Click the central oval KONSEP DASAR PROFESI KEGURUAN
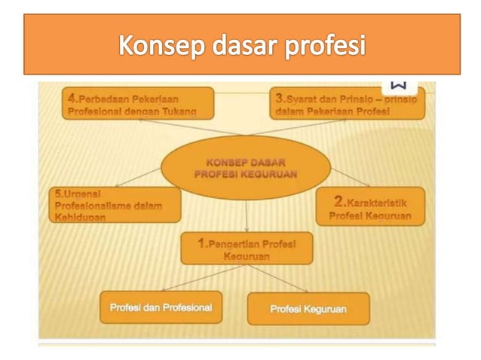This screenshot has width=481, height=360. click(246, 167)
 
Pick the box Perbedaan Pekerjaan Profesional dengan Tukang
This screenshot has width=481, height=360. click(137, 104)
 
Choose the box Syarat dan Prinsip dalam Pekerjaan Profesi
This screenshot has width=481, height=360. click(347, 104)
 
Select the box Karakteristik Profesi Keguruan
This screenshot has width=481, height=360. click(369, 206)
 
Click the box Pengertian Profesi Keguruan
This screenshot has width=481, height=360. click(247, 249)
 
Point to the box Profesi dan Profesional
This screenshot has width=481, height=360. click(161, 307)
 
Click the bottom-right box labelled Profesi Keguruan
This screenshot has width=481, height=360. click(308, 309)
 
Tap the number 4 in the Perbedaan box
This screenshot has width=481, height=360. click(72, 98)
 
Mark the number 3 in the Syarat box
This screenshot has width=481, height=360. click(280, 98)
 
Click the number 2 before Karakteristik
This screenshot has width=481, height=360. click(339, 201)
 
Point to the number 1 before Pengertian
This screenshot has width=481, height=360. click(201, 243)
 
